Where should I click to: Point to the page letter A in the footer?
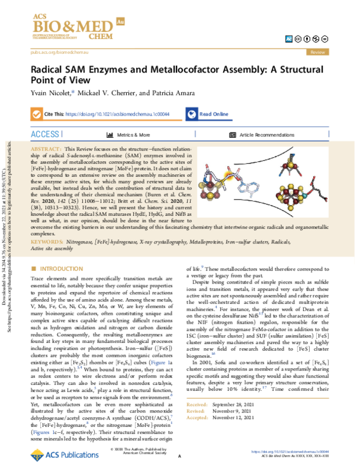click(x=179, y=456)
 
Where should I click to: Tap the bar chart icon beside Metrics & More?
click(x=109, y=135)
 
